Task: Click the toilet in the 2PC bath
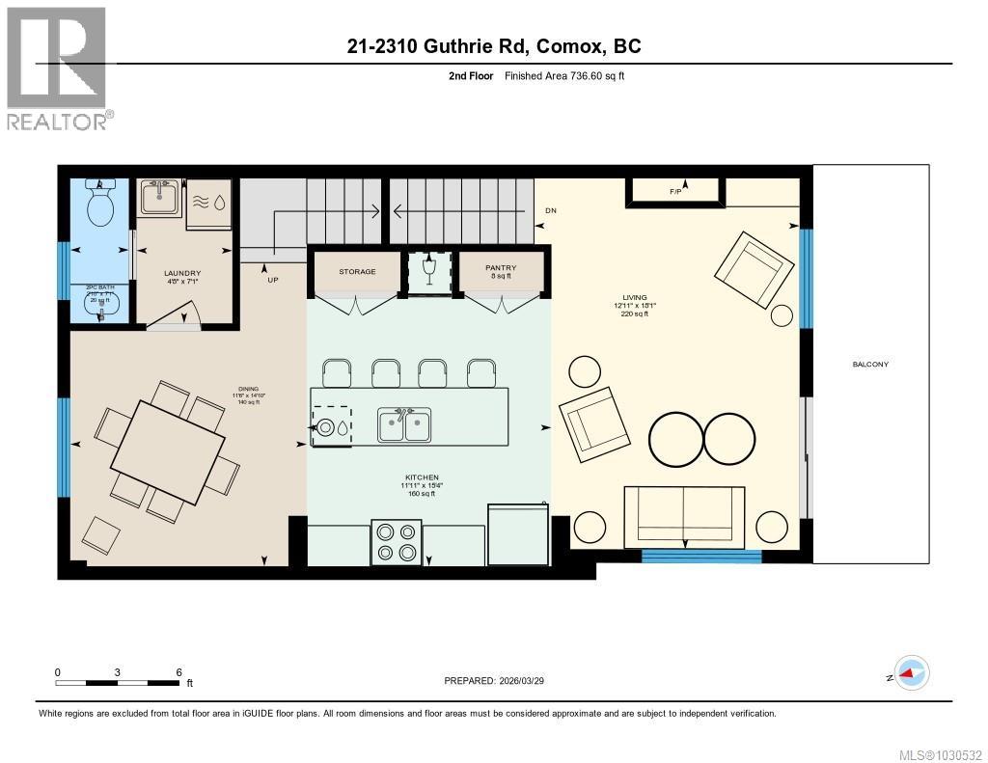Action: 99,204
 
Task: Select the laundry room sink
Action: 160,200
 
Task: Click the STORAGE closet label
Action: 357,271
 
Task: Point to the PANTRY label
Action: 501,268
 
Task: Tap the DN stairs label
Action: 550,210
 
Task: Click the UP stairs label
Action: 273,280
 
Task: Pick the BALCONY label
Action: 870,364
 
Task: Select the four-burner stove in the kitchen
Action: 397,542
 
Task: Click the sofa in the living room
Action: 684,517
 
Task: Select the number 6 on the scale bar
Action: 179,671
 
